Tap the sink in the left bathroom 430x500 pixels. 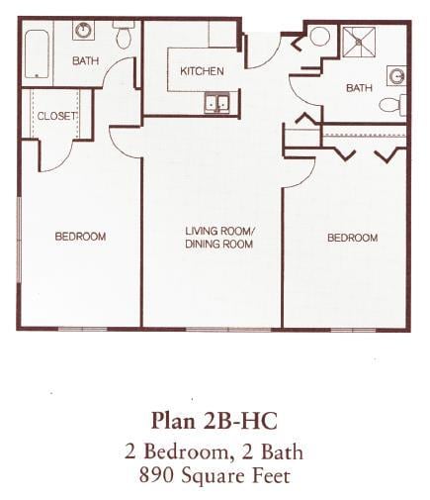point(84,31)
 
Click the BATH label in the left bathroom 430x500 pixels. point(86,60)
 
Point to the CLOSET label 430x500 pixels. point(56,116)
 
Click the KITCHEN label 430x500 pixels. point(202,71)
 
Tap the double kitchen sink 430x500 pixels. point(216,102)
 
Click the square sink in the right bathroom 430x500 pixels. point(395,75)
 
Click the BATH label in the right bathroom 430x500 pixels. point(359,88)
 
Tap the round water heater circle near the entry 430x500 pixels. point(319,37)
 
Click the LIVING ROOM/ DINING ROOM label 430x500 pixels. point(219,237)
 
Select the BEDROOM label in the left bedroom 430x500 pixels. point(80,237)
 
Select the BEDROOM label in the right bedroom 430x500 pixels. point(352,238)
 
